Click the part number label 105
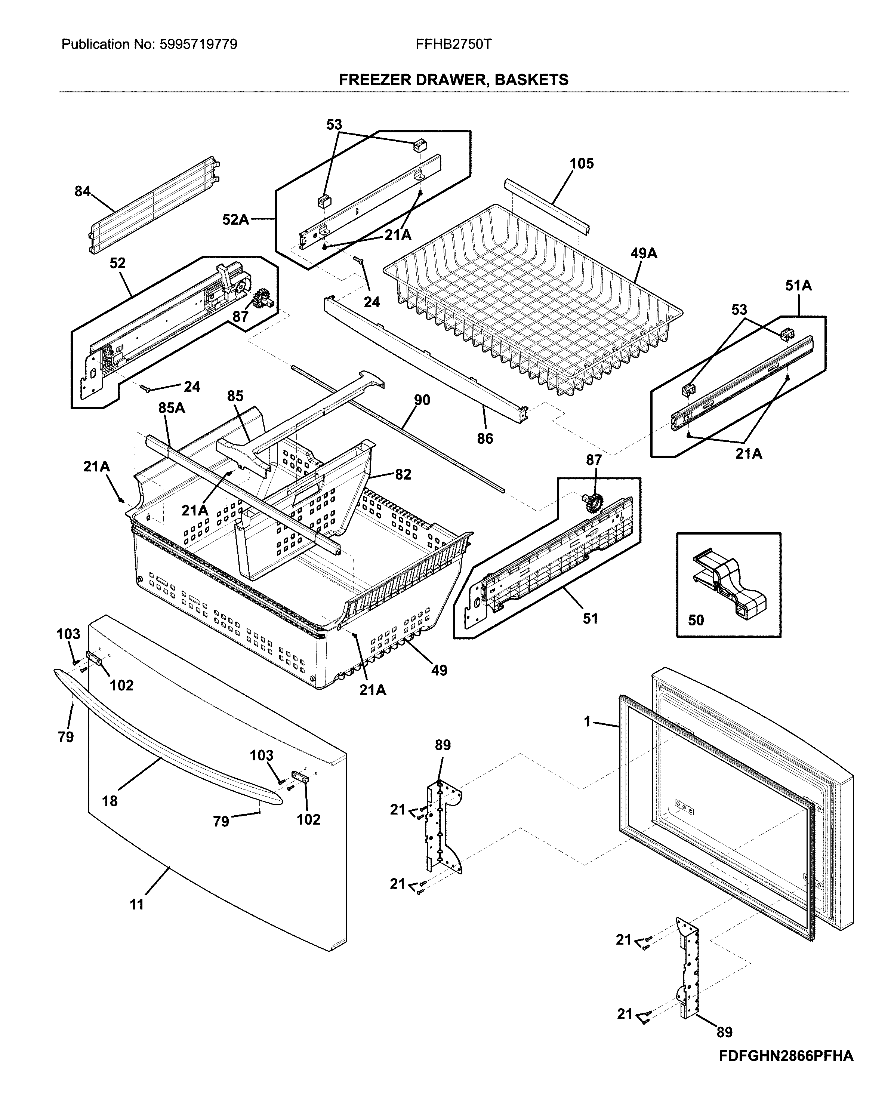(x=582, y=163)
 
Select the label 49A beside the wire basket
(x=644, y=253)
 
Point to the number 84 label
(x=82, y=191)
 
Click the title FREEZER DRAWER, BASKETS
(x=453, y=80)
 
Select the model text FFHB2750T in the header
(x=453, y=44)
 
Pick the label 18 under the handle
(x=110, y=801)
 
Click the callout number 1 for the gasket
(x=587, y=721)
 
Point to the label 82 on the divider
(x=403, y=474)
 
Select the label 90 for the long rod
(x=422, y=400)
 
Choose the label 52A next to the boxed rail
(x=235, y=220)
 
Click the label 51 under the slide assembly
(x=590, y=618)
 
